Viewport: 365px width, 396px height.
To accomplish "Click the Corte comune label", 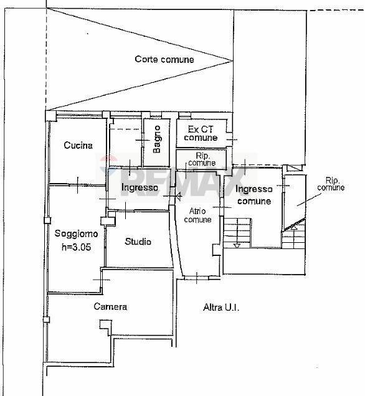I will click(x=164, y=60).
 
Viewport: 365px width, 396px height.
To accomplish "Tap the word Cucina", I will click(x=78, y=146).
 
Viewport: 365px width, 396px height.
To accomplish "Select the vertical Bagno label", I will click(x=157, y=139).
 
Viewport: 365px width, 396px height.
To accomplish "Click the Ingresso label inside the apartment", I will click(x=140, y=187).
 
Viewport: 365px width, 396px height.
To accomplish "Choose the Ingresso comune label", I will click(x=254, y=196).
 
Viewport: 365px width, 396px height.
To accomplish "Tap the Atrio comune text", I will click(x=198, y=215).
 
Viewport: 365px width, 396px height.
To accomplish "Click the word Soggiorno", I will click(x=76, y=234).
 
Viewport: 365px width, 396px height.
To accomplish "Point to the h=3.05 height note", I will click(x=76, y=247).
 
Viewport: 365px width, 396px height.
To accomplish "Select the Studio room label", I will click(x=138, y=242).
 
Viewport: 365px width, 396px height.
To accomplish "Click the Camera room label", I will click(x=110, y=307).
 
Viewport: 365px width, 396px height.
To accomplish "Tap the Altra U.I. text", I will click(x=221, y=307).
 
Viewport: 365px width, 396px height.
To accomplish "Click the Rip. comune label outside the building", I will click(x=330, y=183).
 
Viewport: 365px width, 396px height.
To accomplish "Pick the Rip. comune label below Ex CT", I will click(x=201, y=159).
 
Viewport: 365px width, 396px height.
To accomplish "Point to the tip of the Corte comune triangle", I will click(x=232, y=60).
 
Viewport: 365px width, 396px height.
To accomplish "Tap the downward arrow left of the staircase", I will click(x=236, y=245).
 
